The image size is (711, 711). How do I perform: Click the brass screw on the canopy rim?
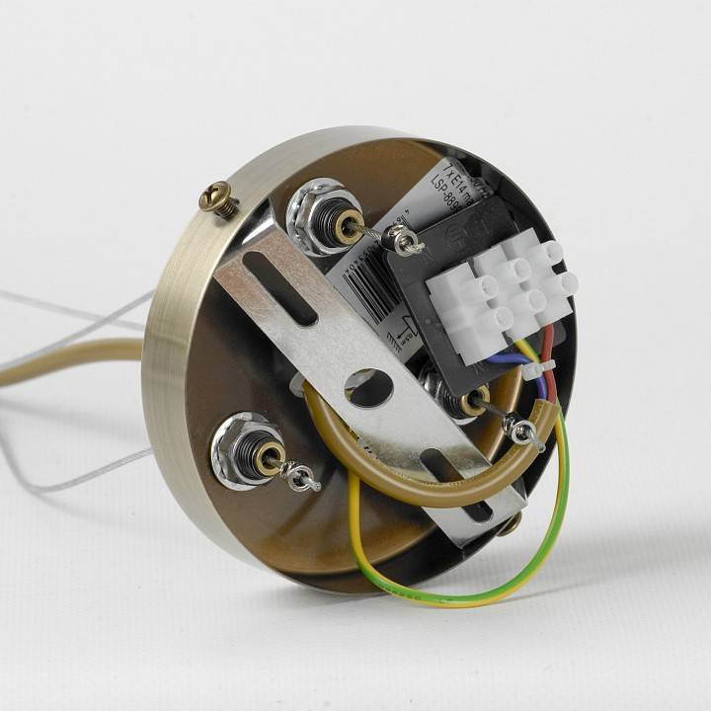[x=219, y=199]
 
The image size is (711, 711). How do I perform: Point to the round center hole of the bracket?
[x=369, y=388]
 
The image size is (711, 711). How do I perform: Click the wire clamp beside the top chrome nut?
[x=403, y=240]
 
